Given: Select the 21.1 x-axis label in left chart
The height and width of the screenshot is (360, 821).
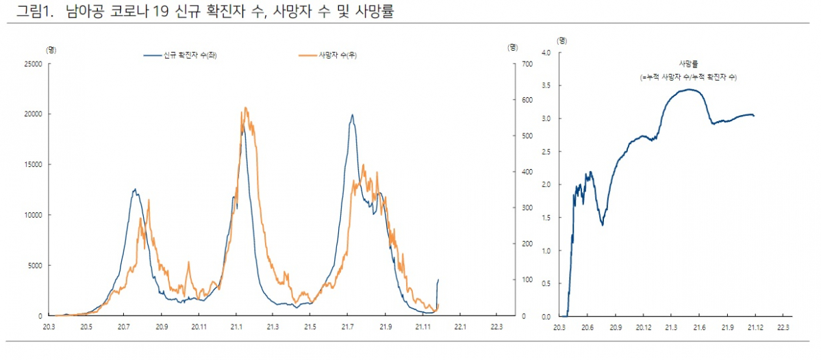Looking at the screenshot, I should click(236, 326).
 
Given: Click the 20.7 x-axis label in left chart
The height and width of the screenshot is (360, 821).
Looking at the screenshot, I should click(123, 326).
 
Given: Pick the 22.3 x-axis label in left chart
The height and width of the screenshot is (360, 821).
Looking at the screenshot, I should click(496, 326).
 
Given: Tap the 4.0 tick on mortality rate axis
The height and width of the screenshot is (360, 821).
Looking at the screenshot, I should click(546, 53).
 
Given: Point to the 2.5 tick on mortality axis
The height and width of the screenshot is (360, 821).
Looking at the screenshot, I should click(546, 152).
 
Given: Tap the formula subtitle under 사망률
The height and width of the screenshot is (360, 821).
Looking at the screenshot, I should click(688, 77).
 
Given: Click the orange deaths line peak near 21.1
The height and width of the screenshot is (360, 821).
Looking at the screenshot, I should click(245, 107).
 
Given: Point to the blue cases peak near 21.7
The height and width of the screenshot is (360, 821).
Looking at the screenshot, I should click(352, 114).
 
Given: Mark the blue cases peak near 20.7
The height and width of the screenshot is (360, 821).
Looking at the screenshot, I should click(135, 189).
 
